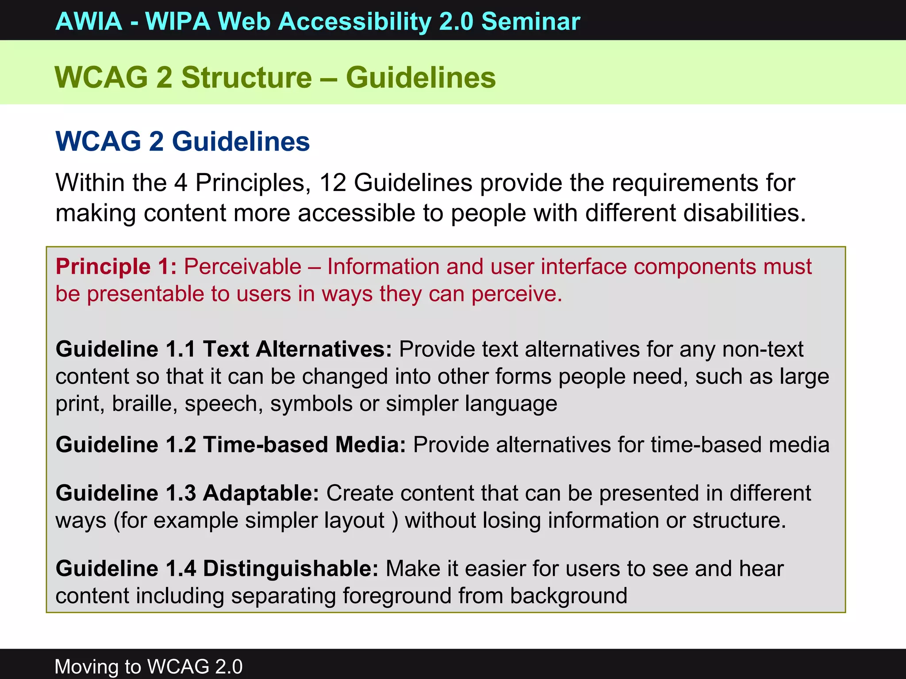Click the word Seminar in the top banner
tap(530, 21)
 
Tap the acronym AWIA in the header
tap(89, 21)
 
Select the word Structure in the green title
tap(246, 78)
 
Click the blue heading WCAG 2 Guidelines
tap(182, 141)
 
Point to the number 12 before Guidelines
tap(332, 183)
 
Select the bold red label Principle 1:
tap(116, 267)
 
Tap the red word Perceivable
tap(242, 267)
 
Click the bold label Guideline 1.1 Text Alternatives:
tap(223, 349)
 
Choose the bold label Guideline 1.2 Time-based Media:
tap(230, 445)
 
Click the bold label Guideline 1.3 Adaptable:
tap(187, 493)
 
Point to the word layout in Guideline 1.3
tap(353, 521)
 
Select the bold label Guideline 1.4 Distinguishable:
tap(217, 568)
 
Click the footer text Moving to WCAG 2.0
tap(149, 666)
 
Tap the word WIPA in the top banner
tap(178, 21)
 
